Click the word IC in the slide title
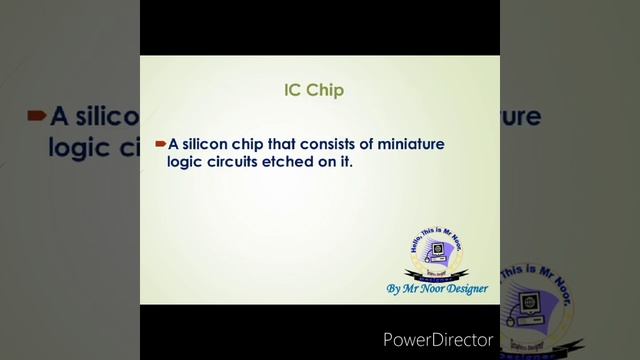[293, 90]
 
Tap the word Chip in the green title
[326, 90]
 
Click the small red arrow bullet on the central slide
[160, 144]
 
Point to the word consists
[341, 144]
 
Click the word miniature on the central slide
[412, 144]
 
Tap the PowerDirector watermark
[438, 340]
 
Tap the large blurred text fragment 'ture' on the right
[519, 117]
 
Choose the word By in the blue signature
[394, 289]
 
